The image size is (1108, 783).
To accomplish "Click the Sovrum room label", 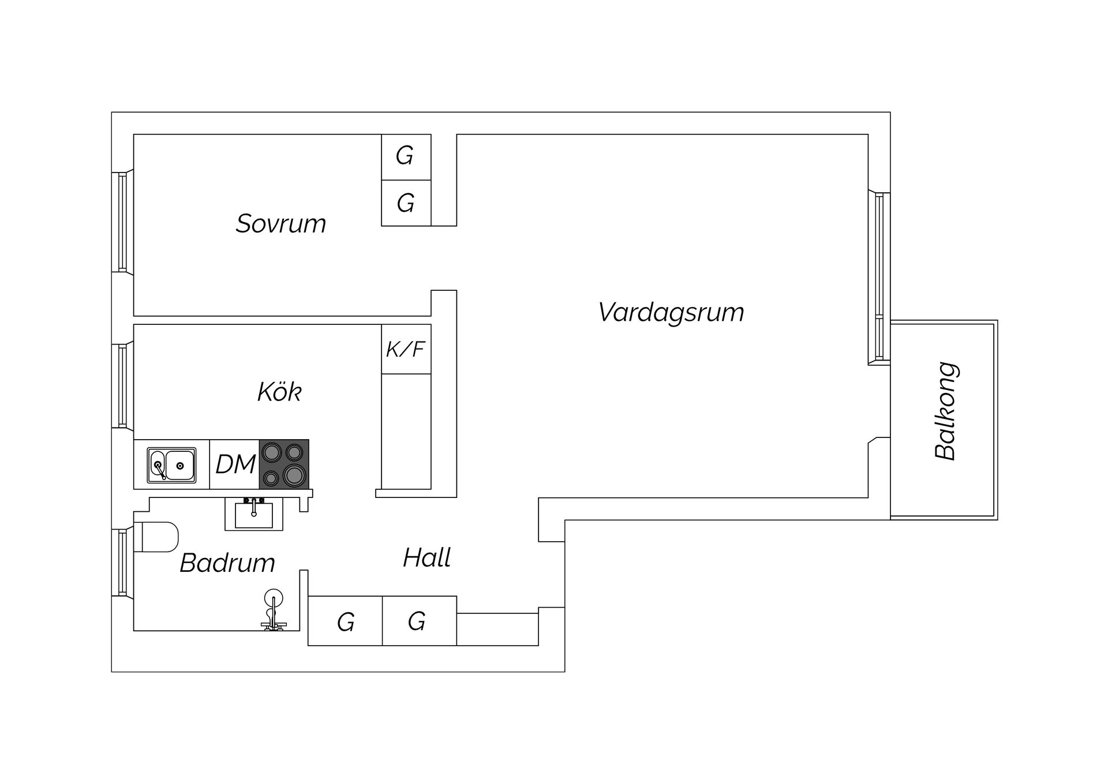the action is [x=281, y=224].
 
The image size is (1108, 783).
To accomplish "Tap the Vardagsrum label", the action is [x=671, y=313].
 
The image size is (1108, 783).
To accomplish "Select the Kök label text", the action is [x=279, y=392].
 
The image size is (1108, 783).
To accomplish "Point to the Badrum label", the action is [x=227, y=563].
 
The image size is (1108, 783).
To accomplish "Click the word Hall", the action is [x=427, y=558].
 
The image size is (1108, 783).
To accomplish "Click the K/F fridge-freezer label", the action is [x=406, y=349].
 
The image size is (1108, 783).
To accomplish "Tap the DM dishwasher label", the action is [x=235, y=464].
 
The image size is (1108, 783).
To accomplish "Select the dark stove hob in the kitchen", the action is [x=284, y=464].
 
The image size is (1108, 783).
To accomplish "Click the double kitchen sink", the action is [x=171, y=465].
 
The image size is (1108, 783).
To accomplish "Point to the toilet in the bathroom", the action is [x=156, y=537].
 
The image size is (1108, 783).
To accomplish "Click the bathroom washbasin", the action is [x=254, y=514].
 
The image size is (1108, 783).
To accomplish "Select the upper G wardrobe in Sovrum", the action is [x=406, y=157].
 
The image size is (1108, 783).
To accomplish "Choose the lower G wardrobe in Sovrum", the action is [x=406, y=203].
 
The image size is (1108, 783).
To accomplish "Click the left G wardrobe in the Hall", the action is [x=345, y=621].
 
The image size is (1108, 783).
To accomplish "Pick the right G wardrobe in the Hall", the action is [x=420, y=621].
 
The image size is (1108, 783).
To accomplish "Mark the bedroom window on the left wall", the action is [x=122, y=222].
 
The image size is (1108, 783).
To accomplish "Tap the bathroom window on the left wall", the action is [x=122, y=563].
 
